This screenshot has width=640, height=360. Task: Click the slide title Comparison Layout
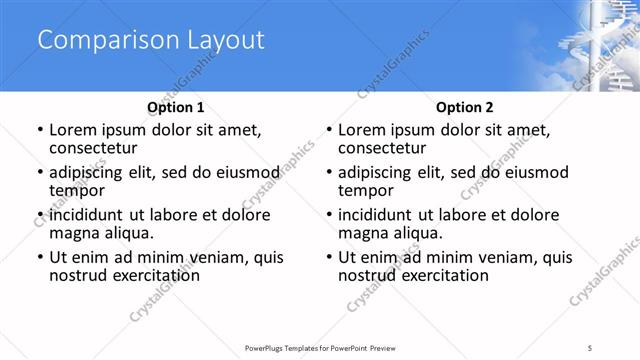151,41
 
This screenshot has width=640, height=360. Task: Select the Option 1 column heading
176,107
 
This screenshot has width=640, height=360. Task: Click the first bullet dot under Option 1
39,130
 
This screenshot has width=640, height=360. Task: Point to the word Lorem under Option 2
362,129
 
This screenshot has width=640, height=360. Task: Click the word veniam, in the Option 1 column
215,258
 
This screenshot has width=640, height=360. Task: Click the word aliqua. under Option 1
129,232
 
